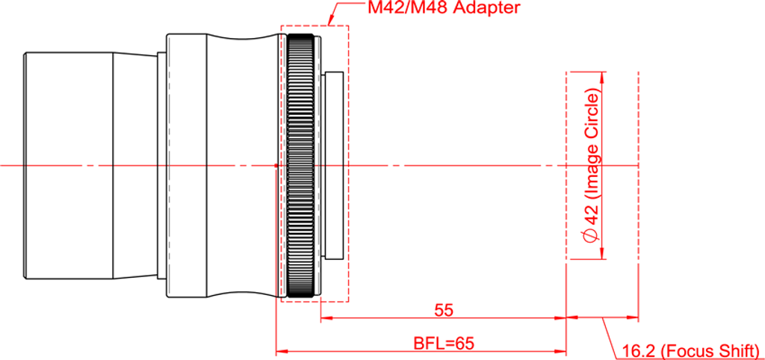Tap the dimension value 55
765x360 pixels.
point(443,310)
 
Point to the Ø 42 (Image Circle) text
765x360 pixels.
point(592,165)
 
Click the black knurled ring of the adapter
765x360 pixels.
point(300,165)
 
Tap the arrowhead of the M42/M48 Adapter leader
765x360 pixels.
point(331,22)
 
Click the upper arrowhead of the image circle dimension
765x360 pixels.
point(602,78)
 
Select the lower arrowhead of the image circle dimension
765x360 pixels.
point(602,252)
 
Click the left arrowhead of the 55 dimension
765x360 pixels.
point(327,318)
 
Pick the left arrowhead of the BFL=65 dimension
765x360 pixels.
point(283,351)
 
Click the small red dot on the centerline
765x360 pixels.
point(276,166)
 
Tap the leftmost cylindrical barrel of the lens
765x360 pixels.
point(69,166)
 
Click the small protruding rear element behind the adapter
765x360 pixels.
point(334,165)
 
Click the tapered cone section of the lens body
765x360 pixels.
point(136,166)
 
